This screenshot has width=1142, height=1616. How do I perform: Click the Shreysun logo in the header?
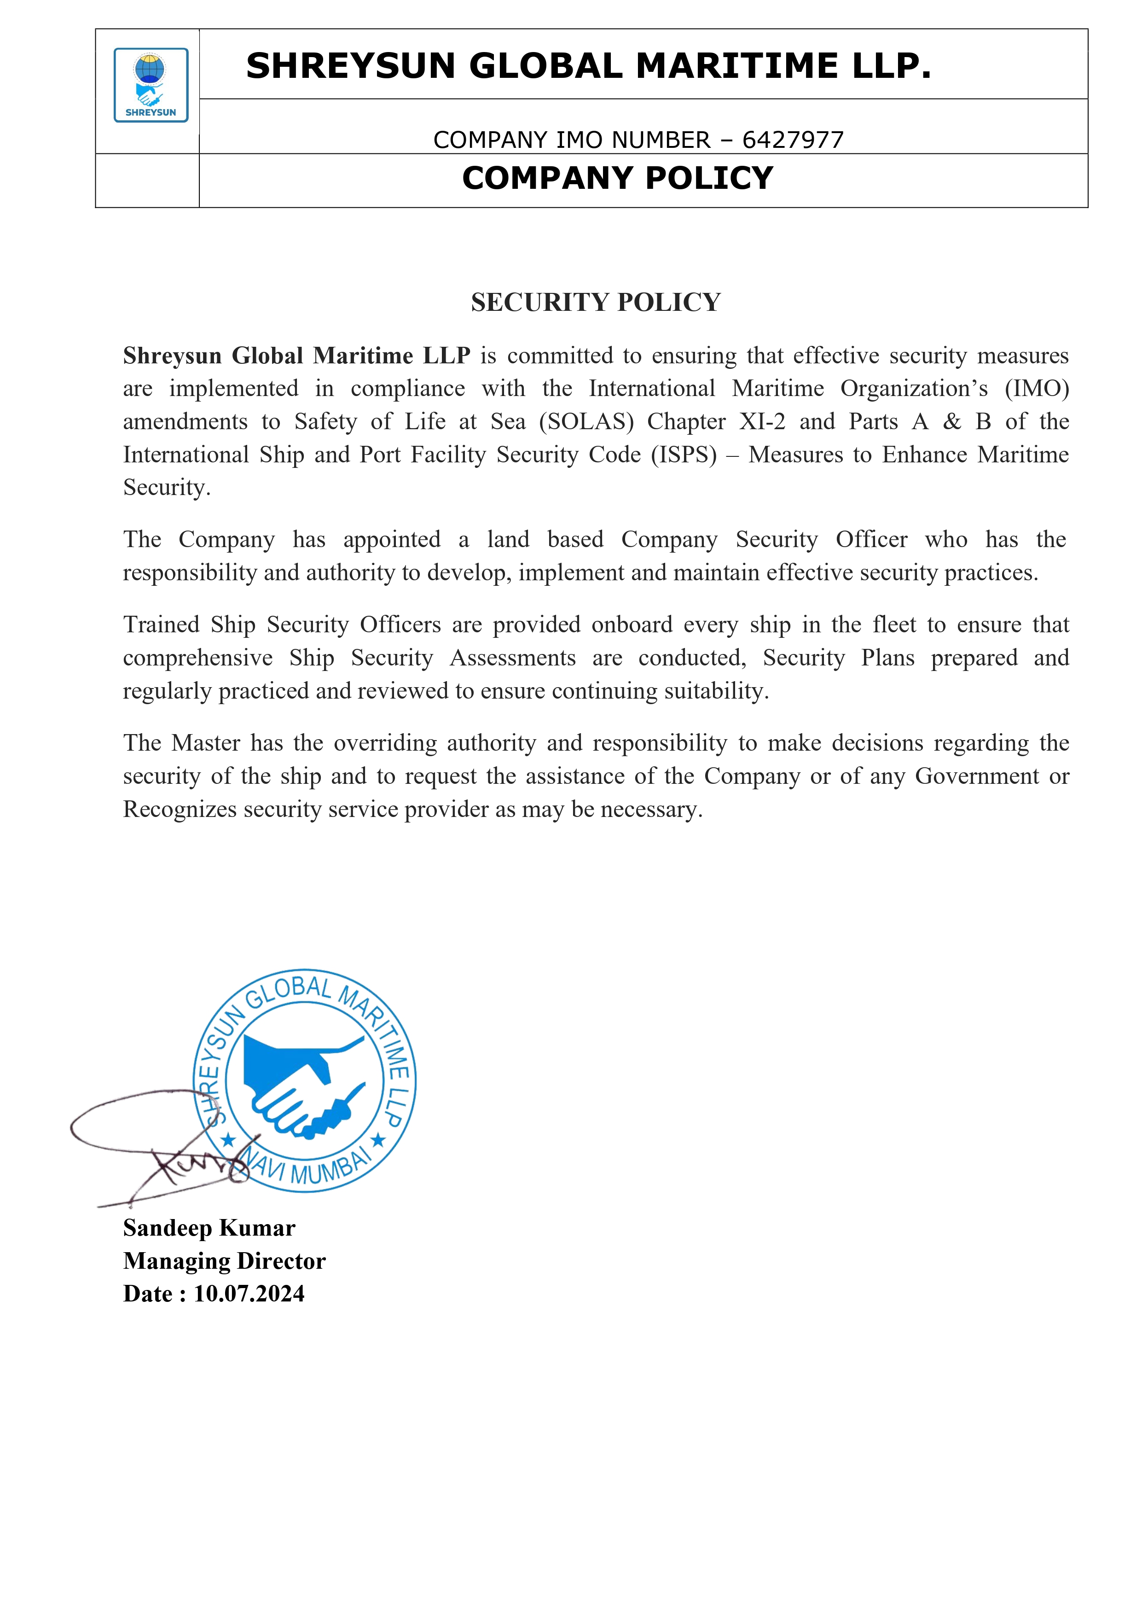pyautogui.click(x=151, y=85)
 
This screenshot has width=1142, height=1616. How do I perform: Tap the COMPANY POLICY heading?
pyautogui.click(x=617, y=178)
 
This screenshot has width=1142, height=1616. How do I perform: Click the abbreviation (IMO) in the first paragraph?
pyautogui.click(x=1037, y=389)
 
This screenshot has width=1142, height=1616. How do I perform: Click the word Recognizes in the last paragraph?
pyautogui.click(x=180, y=810)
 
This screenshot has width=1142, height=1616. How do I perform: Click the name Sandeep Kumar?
pyautogui.click(x=209, y=1228)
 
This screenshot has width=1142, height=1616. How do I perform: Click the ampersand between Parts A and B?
pyautogui.click(x=951, y=421)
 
